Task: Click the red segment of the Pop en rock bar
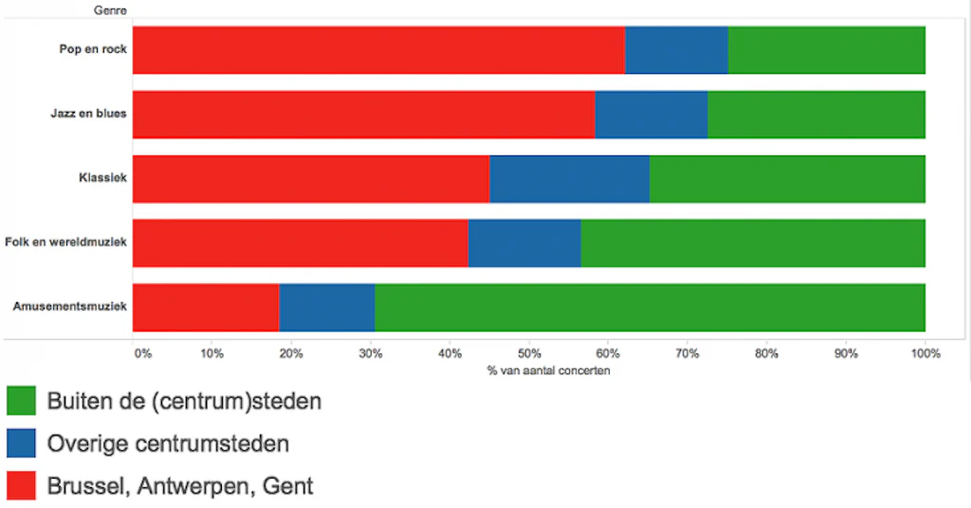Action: click(x=378, y=50)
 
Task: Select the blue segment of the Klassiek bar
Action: click(x=569, y=179)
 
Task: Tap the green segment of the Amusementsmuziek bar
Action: click(x=650, y=308)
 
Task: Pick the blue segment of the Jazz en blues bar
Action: click(x=650, y=115)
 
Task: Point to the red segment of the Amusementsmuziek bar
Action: click(x=206, y=308)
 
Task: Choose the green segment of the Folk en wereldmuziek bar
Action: click(x=753, y=244)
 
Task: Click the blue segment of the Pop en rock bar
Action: click(x=676, y=50)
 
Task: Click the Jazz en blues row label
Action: click(x=88, y=114)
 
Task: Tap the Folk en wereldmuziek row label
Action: click(x=65, y=242)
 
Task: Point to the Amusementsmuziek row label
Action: click(x=69, y=306)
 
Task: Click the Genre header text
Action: click(x=111, y=10)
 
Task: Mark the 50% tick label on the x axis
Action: click(x=529, y=354)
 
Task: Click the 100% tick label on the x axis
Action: click(x=925, y=354)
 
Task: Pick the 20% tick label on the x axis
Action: click(x=291, y=354)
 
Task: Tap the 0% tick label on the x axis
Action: click(x=142, y=354)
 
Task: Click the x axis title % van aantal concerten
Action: click(x=548, y=371)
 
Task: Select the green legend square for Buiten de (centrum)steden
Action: click(x=21, y=401)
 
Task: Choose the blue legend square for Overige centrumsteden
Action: click(x=21, y=444)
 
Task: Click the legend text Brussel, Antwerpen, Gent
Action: click(x=180, y=487)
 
